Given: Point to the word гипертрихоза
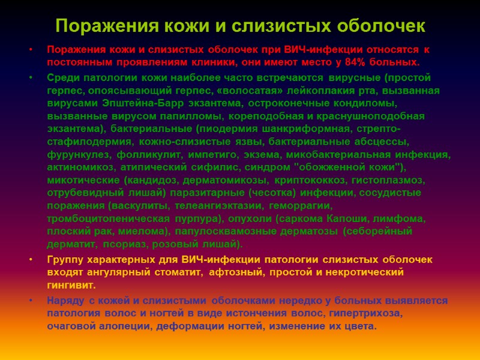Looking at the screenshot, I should point(370,313).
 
